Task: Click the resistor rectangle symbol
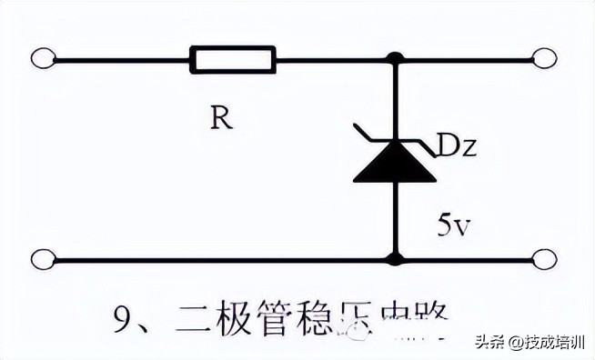pyautogui.click(x=231, y=60)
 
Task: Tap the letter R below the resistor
pyautogui.click(x=218, y=119)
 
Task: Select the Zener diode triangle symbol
pyautogui.click(x=395, y=163)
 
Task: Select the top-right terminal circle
pyautogui.click(x=544, y=60)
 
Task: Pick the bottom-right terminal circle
pyautogui.click(x=544, y=259)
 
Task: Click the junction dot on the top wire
pyautogui.click(x=395, y=60)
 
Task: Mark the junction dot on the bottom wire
pyautogui.click(x=395, y=259)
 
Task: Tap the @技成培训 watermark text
pyautogui.click(x=545, y=343)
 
